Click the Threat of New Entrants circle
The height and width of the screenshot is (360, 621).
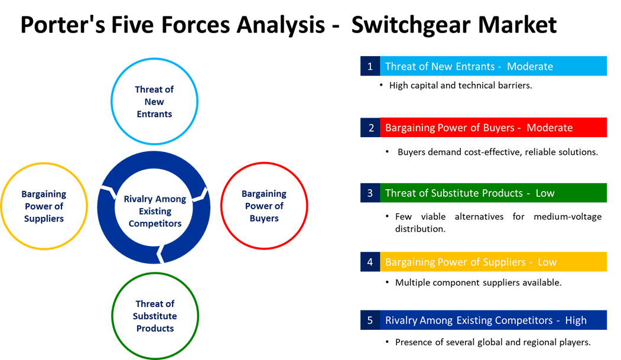tap(154, 101)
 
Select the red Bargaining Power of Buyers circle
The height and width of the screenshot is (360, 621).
tap(264, 206)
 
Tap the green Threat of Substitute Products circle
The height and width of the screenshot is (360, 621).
tap(154, 316)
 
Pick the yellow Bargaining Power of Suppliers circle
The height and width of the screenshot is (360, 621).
tap(44, 206)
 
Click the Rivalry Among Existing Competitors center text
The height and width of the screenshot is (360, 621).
tap(154, 211)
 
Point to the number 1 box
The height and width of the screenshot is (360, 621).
tap(370, 66)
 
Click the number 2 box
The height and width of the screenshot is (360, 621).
tap(370, 128)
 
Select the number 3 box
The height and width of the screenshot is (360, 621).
tap(370, 193)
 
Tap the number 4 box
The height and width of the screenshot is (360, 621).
tap(370, 262)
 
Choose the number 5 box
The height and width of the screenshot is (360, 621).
tap(370, 320)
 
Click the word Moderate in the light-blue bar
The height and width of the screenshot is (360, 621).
tap(530, 66)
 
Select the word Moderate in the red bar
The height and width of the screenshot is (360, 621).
tap(550, 128)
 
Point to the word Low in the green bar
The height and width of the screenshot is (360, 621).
tap(545, 193)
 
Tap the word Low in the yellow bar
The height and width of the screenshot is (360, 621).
tap(547, 262)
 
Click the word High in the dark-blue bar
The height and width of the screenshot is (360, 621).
tap(576, 320)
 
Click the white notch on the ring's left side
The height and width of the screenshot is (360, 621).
tap(108, 192)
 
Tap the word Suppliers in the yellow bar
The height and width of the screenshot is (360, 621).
tap(503, 262)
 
